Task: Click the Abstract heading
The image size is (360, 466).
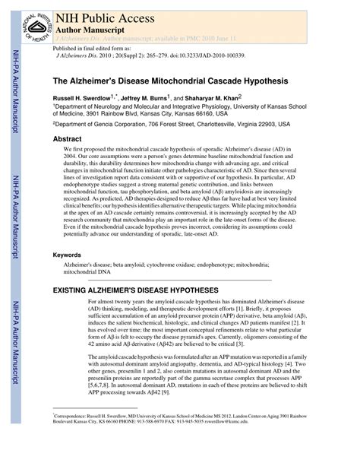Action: coord(67,140)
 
